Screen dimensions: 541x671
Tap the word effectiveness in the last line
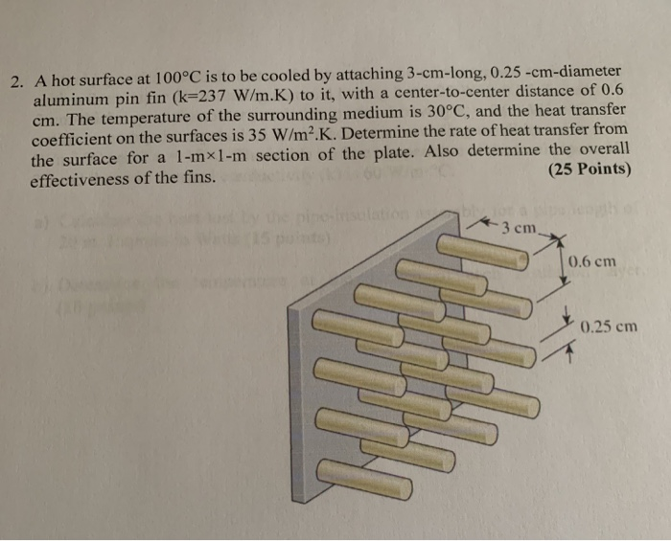pos(81,178)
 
